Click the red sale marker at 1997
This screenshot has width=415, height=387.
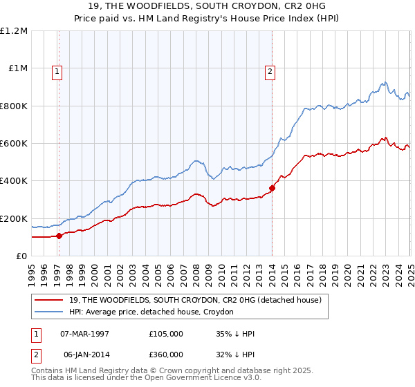point(59,236)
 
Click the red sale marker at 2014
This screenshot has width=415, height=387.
point(272,188)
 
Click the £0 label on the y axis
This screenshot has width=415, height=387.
point(21,256)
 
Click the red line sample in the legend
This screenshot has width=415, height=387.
point(49,301)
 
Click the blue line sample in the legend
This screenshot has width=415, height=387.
point(49,312)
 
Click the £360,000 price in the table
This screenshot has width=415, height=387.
point(166,353)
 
